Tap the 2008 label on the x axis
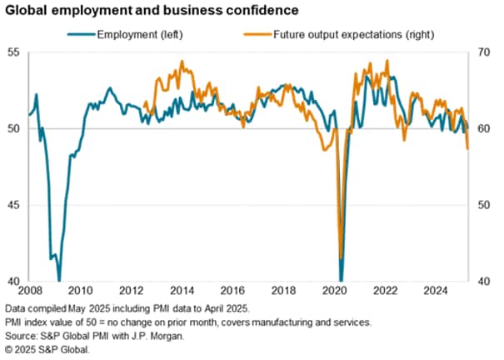point(28,292)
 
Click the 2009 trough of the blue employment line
point(58,279)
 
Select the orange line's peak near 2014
point(182,62)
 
